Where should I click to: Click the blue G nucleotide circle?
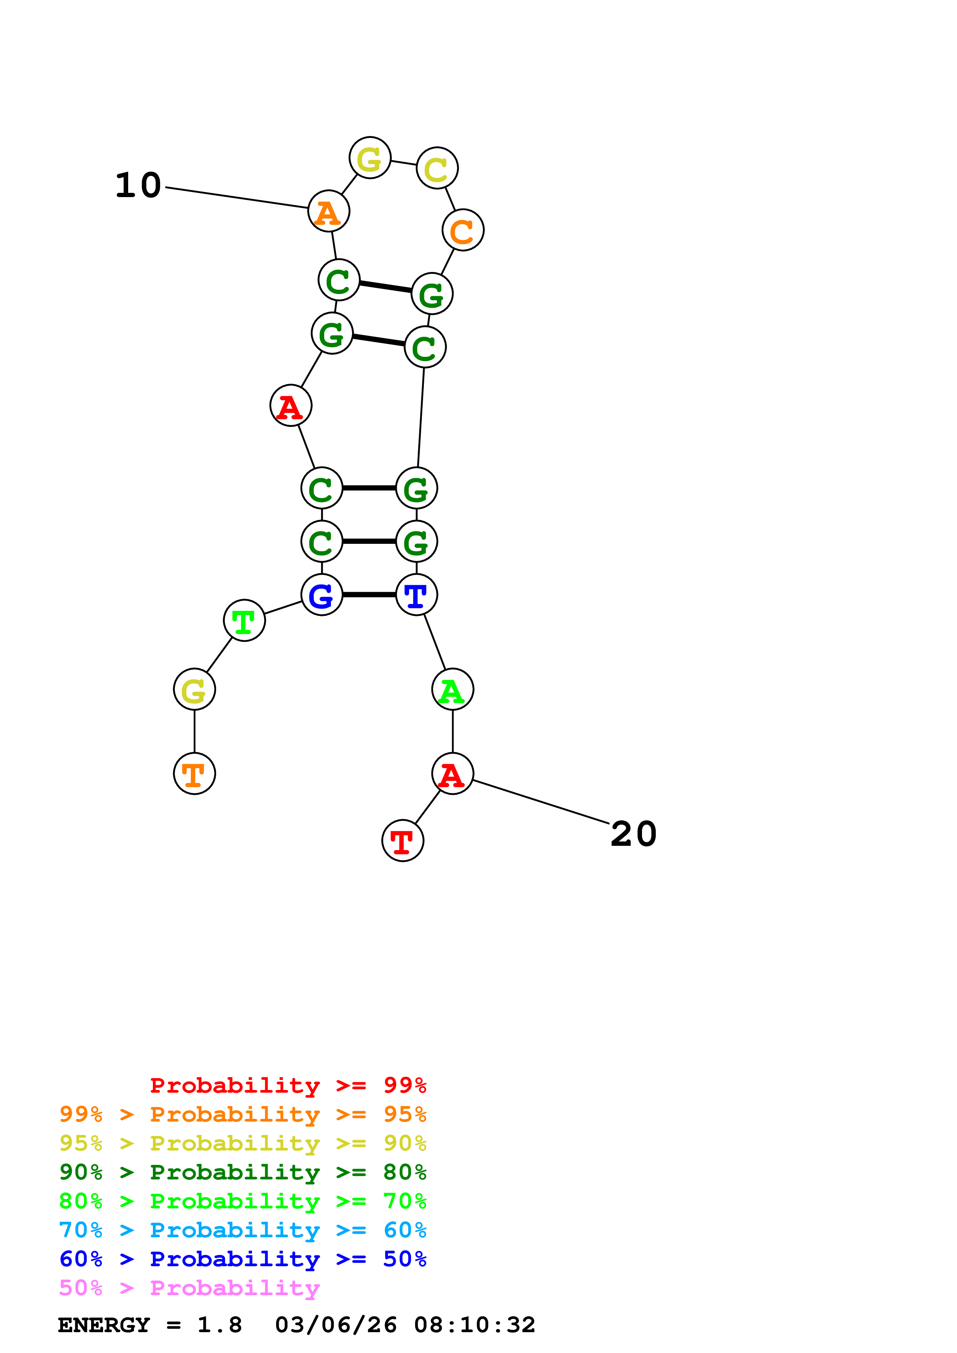321,595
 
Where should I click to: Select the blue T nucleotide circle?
416,595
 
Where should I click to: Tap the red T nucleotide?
403,840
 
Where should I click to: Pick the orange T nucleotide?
195,773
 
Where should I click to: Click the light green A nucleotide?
452,690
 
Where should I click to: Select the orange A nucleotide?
329,211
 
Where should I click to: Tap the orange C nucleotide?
463,230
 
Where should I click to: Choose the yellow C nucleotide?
437,169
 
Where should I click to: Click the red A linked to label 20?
452,773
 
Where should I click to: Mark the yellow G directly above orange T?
195,690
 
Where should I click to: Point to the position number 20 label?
633,834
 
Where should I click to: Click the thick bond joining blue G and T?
369,595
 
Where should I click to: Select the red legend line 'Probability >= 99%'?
288,1085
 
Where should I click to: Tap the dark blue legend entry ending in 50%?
243,1259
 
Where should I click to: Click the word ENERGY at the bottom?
104,1325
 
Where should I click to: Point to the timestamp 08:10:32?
475,1325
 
